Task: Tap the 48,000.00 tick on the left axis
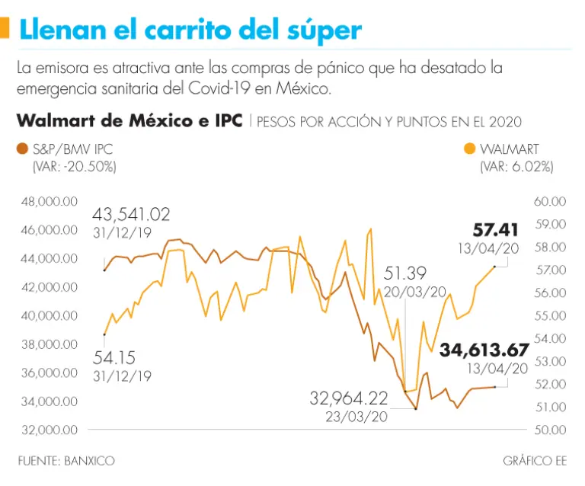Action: [x=49, y=202]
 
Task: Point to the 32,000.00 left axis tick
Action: [x=49, y=430]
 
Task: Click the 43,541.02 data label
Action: [x=131, y=214]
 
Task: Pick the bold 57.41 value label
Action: [x=495, y=229]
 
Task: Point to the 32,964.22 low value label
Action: [x=348, y=398]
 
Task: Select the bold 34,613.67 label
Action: [x=483, y=350]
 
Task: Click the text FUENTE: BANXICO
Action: [x=68, y=461]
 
